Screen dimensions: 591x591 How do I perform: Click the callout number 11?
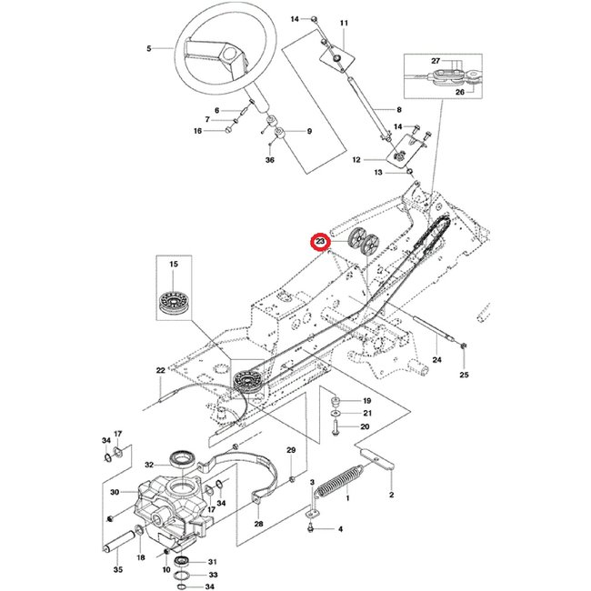click(x=344, y=22)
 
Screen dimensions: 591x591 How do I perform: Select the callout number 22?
click(x=160, y=370)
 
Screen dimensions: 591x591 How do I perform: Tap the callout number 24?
click(x=436, y=360)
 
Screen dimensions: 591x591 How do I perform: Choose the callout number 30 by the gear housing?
click(x=115, y=492)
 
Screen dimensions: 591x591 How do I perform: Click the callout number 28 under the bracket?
click(x=258, y=525)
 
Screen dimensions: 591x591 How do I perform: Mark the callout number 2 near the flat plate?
click(x=391, y=495)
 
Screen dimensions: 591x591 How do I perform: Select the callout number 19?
click(x=367, y=401)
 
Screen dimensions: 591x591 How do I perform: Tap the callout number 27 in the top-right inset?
click(x=436, y=62)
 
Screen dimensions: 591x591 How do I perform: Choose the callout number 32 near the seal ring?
click(x=150, y=461)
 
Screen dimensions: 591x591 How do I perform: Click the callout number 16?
click(x=197, y=131)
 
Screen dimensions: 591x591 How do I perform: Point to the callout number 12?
click(x=369, y=160)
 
